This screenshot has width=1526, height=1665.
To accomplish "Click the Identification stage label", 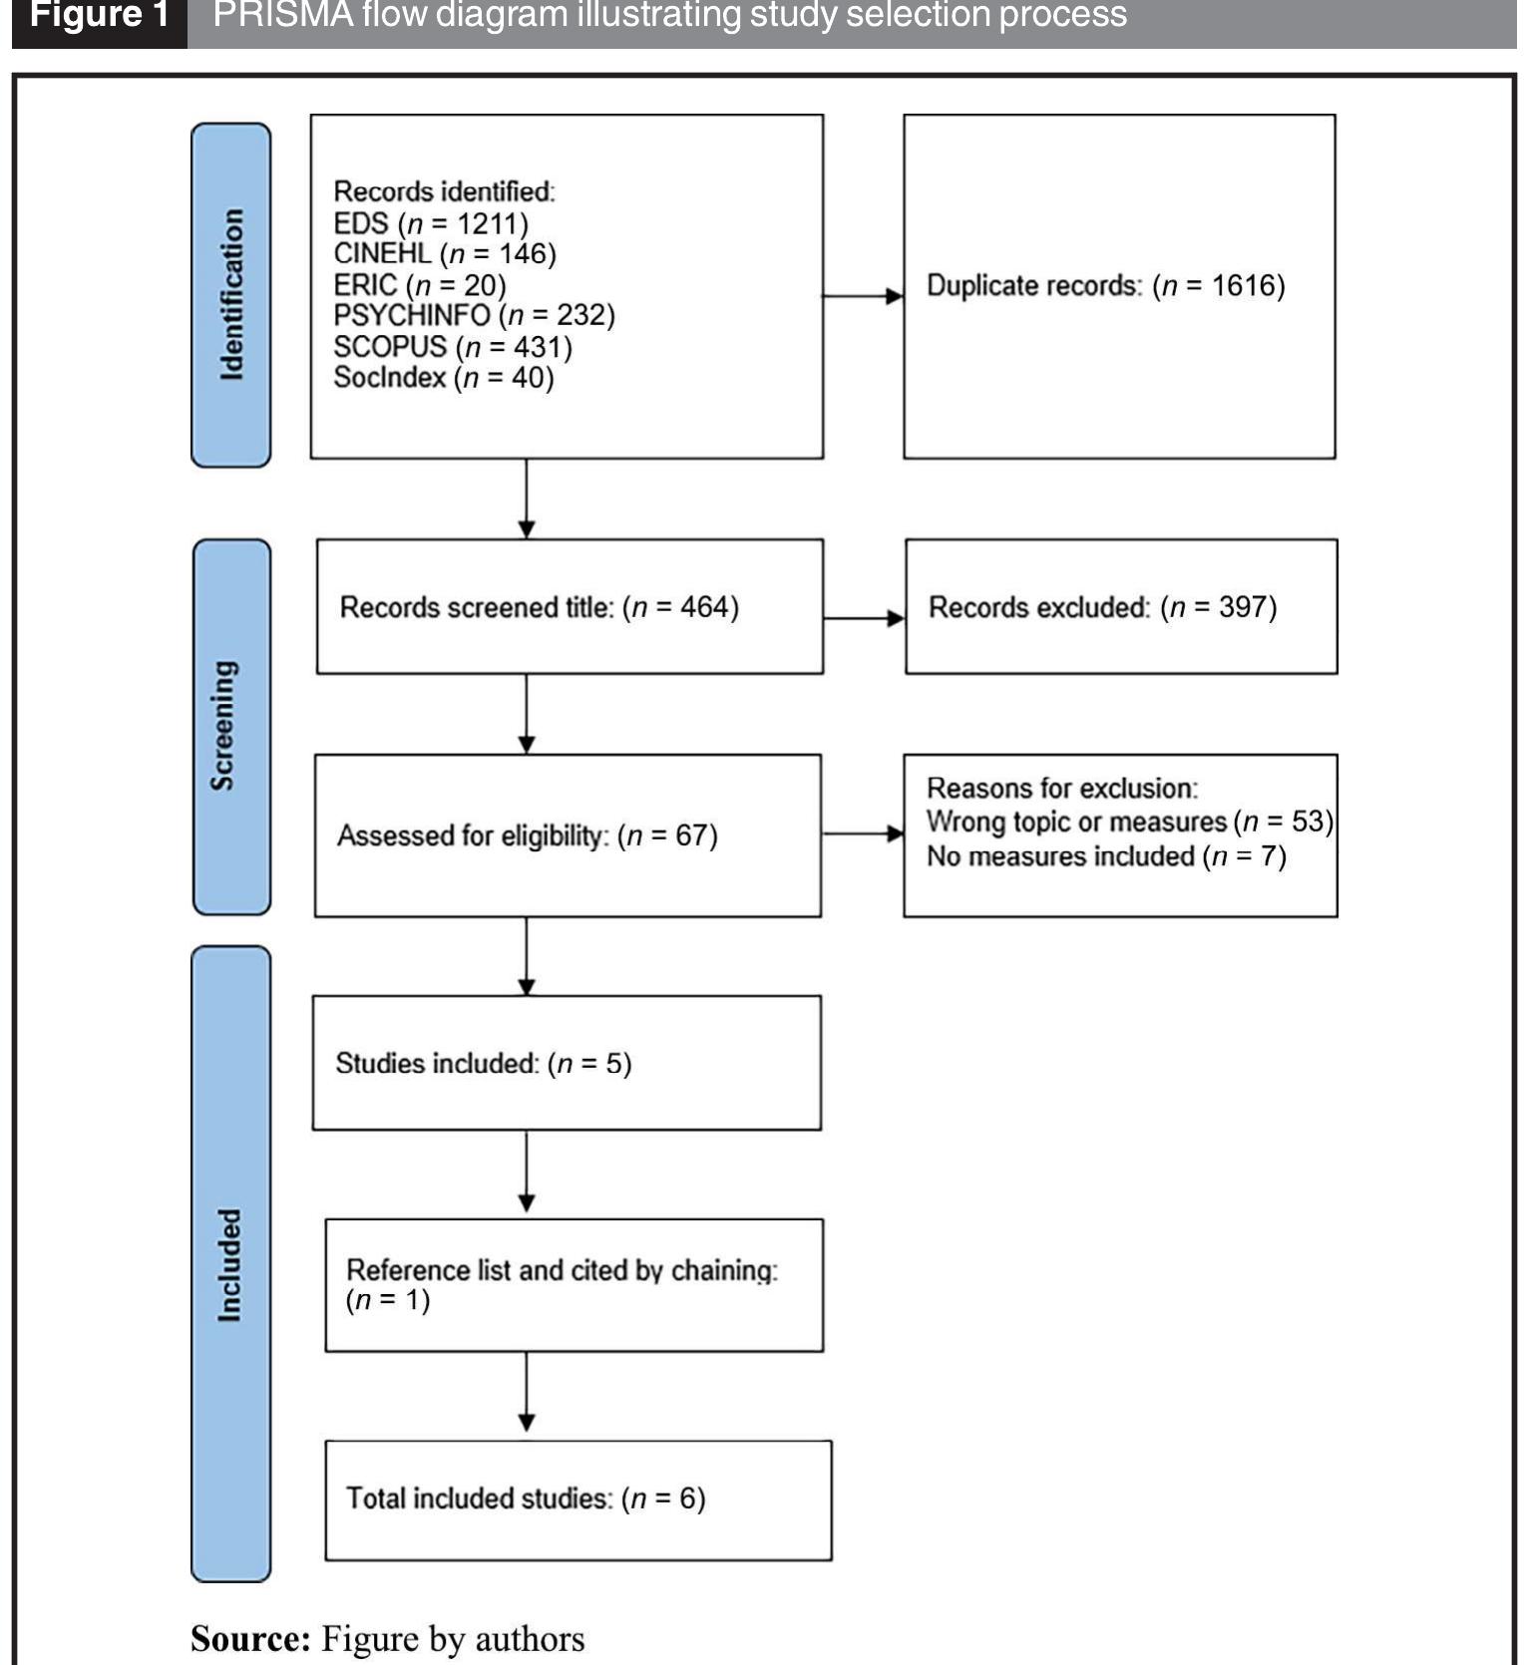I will [230, 294].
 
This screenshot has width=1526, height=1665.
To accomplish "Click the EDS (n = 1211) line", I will [431, 222].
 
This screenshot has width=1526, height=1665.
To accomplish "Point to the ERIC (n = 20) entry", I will [420, 285].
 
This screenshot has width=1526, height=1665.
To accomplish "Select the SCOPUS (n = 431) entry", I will [453, 347].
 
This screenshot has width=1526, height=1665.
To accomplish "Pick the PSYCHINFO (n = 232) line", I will [474, 315].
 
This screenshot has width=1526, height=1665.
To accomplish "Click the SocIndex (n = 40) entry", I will [444, 378].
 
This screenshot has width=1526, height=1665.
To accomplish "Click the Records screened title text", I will [539, 607].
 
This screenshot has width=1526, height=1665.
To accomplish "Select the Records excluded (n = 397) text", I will [1102, 607].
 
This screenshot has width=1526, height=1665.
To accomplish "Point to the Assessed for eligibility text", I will [527, 835].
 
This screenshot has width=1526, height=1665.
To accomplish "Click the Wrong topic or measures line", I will [1129, 822].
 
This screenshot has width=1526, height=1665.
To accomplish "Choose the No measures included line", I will [1106, 856].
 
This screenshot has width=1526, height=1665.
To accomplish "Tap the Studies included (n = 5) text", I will [484, 1064].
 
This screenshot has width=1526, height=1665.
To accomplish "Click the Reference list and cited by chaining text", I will [562, 1271].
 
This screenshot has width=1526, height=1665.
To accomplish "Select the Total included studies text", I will [526, 1498].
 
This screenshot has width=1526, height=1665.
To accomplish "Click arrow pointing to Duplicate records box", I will [864, 296].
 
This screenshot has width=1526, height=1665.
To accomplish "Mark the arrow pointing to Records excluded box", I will [865, 618].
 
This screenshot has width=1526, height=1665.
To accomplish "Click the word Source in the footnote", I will [250, 1639].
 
